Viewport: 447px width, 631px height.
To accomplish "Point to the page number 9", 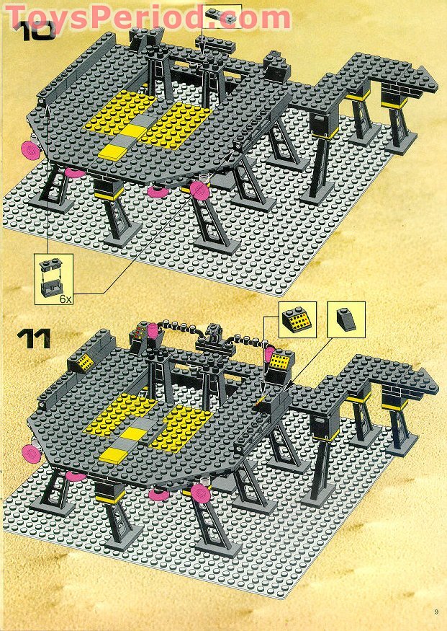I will tap(436, 612).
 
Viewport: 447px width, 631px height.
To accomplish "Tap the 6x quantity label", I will tap(65, 297).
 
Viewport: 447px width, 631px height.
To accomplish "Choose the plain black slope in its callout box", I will tap(346, 319).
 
